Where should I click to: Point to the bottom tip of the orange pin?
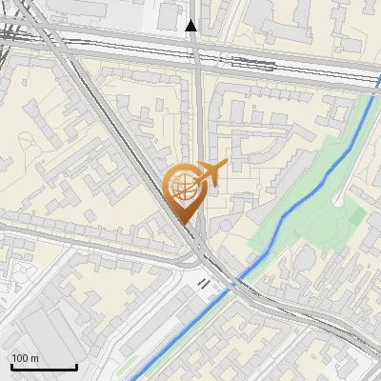184,225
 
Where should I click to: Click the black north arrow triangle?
191,26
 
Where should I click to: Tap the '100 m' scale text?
26,358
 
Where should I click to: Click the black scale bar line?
44,367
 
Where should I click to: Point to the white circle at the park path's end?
340,200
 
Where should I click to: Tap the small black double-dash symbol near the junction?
204,283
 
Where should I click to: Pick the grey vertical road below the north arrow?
195,105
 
